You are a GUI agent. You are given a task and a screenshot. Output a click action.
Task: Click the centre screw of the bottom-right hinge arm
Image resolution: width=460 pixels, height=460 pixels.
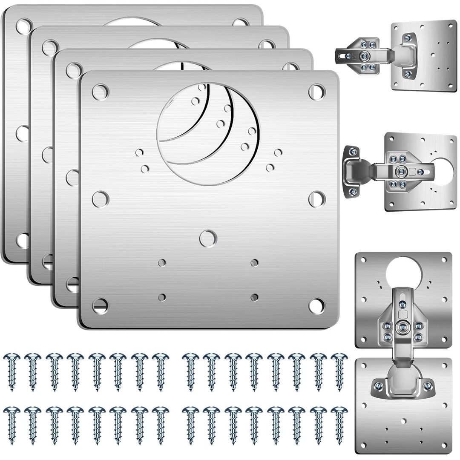click(x=402, y=326)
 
